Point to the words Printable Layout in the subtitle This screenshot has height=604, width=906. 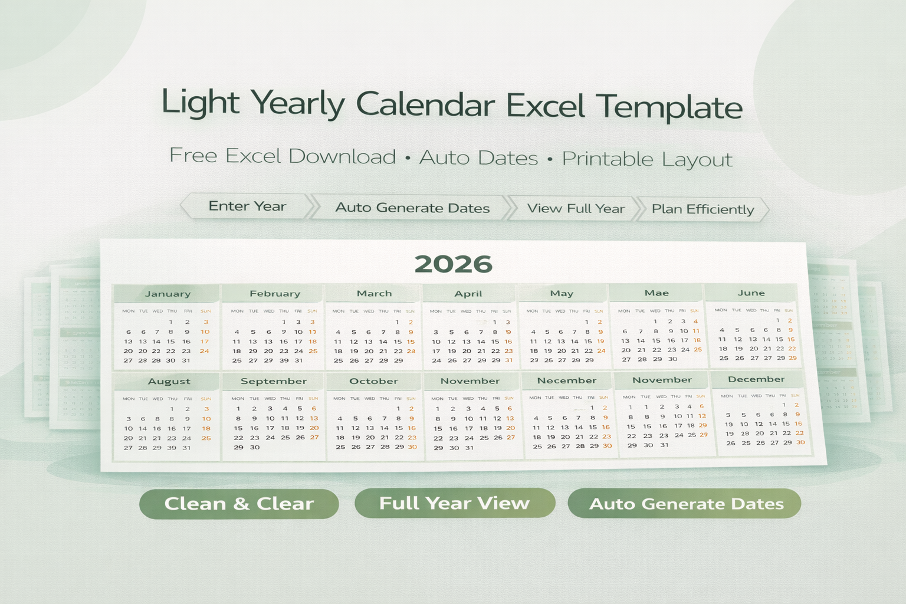(647, 159)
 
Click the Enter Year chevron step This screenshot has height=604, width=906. (247, 206)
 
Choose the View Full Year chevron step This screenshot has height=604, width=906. (576, 209)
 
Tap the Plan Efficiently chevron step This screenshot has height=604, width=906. (703, 209)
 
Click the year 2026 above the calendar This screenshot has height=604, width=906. (453, 264)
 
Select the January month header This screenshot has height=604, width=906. (168, 294)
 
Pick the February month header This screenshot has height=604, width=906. (274, 294)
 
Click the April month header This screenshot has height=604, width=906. (468, 294)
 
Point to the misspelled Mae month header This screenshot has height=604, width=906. (656, 293)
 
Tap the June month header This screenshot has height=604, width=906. (751, 293)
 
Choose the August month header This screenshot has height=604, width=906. (169, 382)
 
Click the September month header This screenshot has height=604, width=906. (274, 382)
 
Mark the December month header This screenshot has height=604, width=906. (756, 379)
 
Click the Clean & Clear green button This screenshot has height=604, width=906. (239, 504)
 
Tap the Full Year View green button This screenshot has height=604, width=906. (454, 503)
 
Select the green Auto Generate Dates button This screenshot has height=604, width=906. (686, 504)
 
